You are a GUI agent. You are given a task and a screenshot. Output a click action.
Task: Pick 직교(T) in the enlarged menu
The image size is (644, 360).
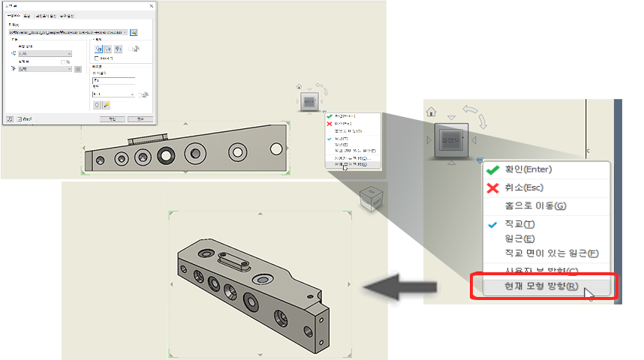coord(519,224)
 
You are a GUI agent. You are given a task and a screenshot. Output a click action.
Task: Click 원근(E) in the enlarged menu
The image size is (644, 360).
coord(519,238)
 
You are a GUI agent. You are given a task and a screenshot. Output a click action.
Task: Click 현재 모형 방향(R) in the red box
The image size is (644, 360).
coord(540,286)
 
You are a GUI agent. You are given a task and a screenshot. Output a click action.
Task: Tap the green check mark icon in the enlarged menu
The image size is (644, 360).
coord(493,170)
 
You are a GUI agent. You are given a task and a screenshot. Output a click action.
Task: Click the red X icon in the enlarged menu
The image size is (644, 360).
coord(493,187)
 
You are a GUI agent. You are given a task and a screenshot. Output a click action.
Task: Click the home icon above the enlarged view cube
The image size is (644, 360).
coord(431,112)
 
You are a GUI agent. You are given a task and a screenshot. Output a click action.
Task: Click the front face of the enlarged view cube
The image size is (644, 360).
coord(450,139)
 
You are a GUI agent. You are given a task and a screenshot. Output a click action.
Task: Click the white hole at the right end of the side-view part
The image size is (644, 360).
coord(238,151)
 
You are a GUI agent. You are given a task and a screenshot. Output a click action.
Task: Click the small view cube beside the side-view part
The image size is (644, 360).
coord(308,102)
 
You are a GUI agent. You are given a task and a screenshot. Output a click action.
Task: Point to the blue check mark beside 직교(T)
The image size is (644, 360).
coord(493,224)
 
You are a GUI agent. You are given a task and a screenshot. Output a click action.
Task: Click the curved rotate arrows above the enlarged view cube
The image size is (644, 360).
coord(471,112)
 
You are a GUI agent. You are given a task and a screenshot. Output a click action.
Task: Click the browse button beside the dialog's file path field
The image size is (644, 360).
coord(134,32)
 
